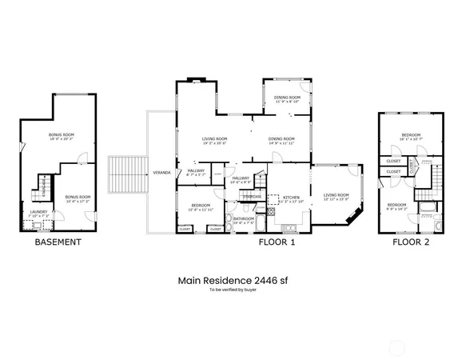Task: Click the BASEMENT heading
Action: click(x=58, y=241)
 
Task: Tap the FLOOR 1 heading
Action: click(x=276, y=241)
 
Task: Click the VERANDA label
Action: click(x=161, y=173)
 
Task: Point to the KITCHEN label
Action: click(x=291, y=197)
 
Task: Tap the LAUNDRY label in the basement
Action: click(x=39, y=212)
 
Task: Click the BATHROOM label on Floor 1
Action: click(x=243, y=218)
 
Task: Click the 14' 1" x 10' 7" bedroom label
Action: click(x=411, y=134)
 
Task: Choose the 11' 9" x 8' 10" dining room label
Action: click(x=287, y=98)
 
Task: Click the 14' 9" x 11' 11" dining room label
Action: click(x=281, y=138)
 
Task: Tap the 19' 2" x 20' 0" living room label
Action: click(x=214, y=138)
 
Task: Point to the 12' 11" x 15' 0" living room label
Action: click(x=336, y=195)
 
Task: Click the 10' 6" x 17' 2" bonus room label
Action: click(x=78, y=196)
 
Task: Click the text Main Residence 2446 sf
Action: click(x=233, y=280)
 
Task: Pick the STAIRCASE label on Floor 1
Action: click(x=252, y=196)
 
